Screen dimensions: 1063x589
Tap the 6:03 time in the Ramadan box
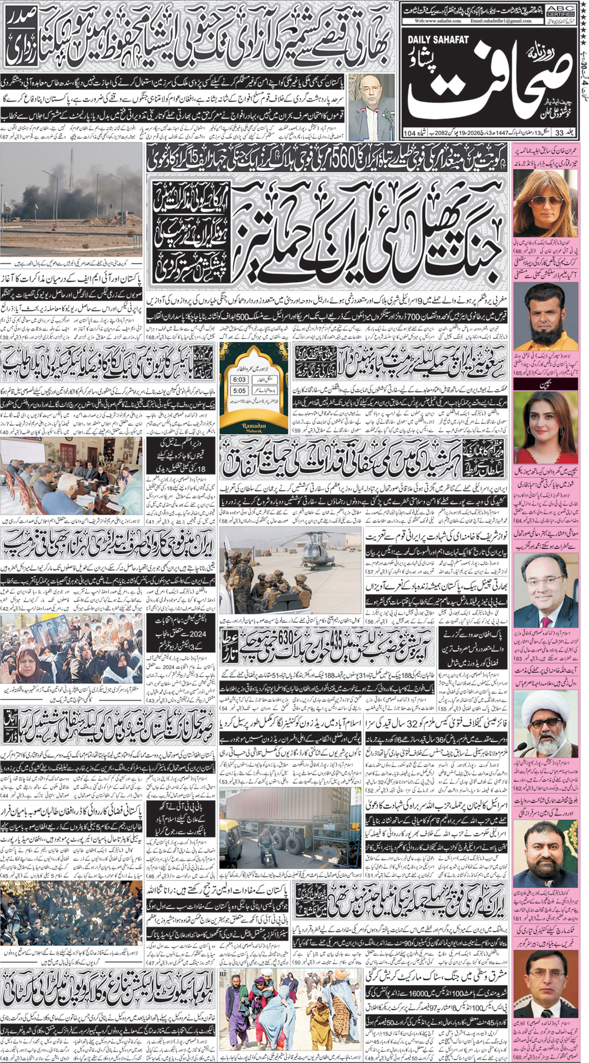pos(239,379)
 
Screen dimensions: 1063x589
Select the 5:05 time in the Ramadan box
pos(239,391)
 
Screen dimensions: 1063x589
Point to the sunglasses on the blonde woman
pos(537,202)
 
